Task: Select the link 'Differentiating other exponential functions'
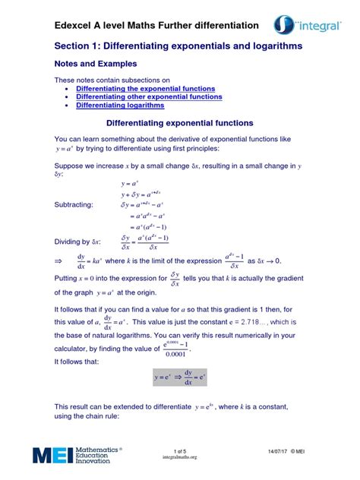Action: click(151, 97)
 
